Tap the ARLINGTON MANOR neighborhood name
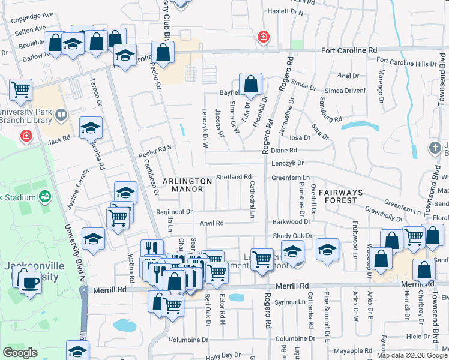188,185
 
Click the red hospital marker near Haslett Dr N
262,38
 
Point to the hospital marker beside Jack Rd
26,137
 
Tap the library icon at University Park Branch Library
61,114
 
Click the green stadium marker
44,196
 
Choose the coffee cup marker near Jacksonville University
29,281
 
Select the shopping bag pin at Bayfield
250,84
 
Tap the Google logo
20,353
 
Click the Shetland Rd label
233,177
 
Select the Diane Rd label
284,151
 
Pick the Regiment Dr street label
174,212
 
